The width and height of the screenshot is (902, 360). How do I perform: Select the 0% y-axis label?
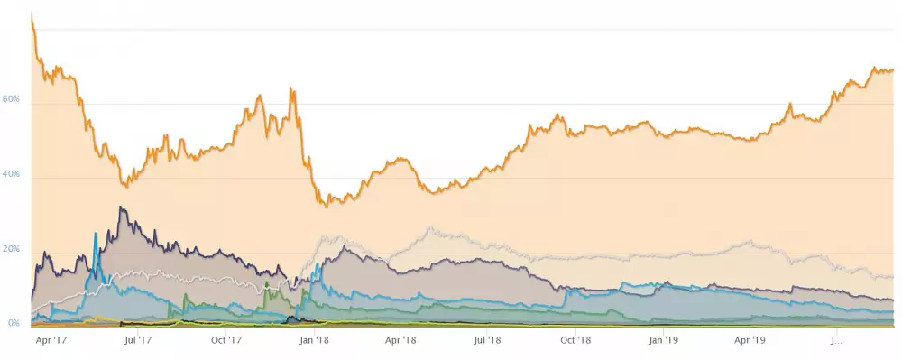pyautogui.click(x=15, y=323)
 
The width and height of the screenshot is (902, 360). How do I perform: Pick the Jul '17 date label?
pyautogui.click(x=137, y=341)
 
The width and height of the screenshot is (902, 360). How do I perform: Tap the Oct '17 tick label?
pyautogui.click(x=225, y=341)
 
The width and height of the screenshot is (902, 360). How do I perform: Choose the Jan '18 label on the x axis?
pyautogui.click(x=313, y=341)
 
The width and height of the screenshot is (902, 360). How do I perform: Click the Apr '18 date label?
pyautogui.click(x=400, y=341)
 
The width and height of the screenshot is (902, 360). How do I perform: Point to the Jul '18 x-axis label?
pyautogui.click(x=487, y=341)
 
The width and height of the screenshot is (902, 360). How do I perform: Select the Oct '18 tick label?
pyautogui.click(x=575, y=341)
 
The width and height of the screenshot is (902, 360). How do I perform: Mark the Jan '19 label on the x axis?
pyautogui.click(x=663, y=341)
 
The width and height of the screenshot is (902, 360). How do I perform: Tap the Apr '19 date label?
pyautogui.click(x=750, y=341)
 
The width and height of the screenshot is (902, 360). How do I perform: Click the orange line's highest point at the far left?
pyautogui.click(x=32, y=14)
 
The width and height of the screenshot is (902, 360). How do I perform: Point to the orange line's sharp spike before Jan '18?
pyautogui.click(x=290, y=88)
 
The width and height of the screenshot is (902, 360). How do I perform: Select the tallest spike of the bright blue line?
pyautogui.click(x=96, y=234)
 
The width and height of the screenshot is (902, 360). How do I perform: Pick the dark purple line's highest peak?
pyautogui.click(x=121, y=208)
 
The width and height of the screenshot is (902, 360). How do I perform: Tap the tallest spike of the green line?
pyautogui.click(x=266, y=282)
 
